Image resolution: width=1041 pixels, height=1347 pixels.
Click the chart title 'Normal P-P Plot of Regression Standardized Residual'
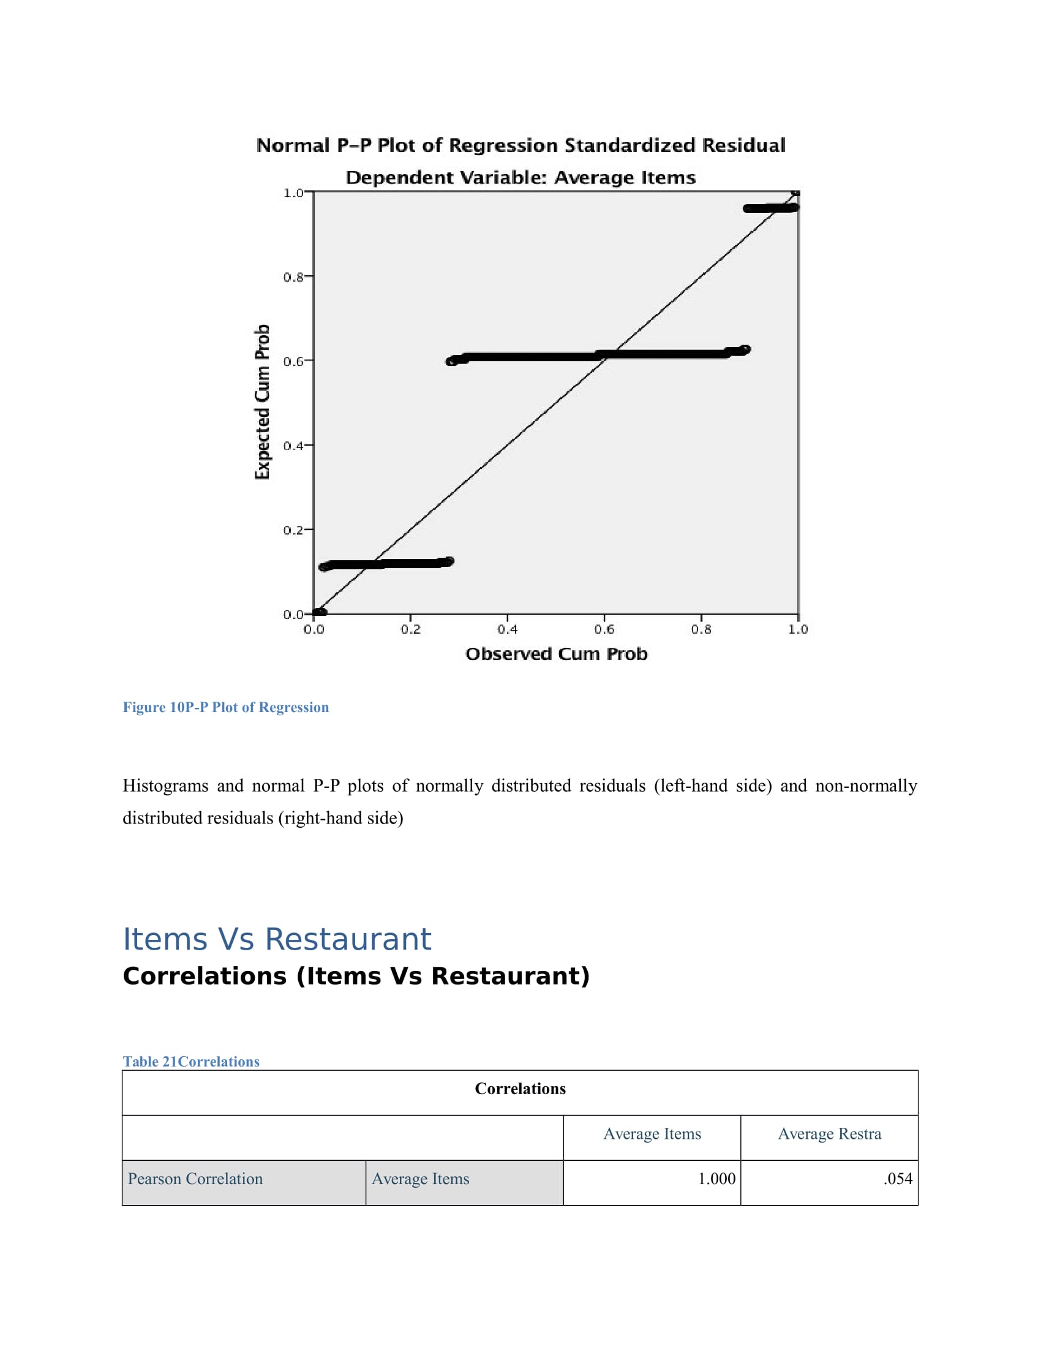[x=520, y=146]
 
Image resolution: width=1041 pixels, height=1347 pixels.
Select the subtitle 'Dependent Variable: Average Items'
[x=520, y=178]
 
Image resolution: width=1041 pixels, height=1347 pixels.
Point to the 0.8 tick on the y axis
[x=293, y=277]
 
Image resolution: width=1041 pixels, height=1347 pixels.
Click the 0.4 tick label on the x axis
[x=507, y=629]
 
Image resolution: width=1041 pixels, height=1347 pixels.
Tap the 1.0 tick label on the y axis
[x=293, y=193]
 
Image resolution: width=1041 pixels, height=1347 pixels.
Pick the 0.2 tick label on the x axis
[x=410, y=629]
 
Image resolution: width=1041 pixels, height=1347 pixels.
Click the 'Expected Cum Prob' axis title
[x=263, y=402]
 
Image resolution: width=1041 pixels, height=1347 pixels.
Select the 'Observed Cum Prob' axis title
[x=556, y=654]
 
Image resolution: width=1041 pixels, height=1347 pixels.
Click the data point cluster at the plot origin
[x=320, y=612]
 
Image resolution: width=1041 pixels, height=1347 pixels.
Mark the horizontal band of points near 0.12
[x=386, y=564]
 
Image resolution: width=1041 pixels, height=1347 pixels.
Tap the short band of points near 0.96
[x=770, y=208]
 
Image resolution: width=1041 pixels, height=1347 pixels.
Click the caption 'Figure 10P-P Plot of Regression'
[x=226, y=707]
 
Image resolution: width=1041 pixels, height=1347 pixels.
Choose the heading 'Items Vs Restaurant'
[x=277, y=939]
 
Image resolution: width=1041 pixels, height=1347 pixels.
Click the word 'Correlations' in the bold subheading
[x=205, y=977]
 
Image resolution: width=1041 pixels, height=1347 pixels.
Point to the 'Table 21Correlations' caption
[x=191, y=1062]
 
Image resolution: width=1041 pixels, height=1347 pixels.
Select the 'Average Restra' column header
[x=829, y=1133]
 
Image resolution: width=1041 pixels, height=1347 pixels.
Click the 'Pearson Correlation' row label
[x=195, y=1179]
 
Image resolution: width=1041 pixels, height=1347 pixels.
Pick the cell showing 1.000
[x=716, y=1179]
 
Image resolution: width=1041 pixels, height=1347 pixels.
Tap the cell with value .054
[x=897, y=1179]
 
